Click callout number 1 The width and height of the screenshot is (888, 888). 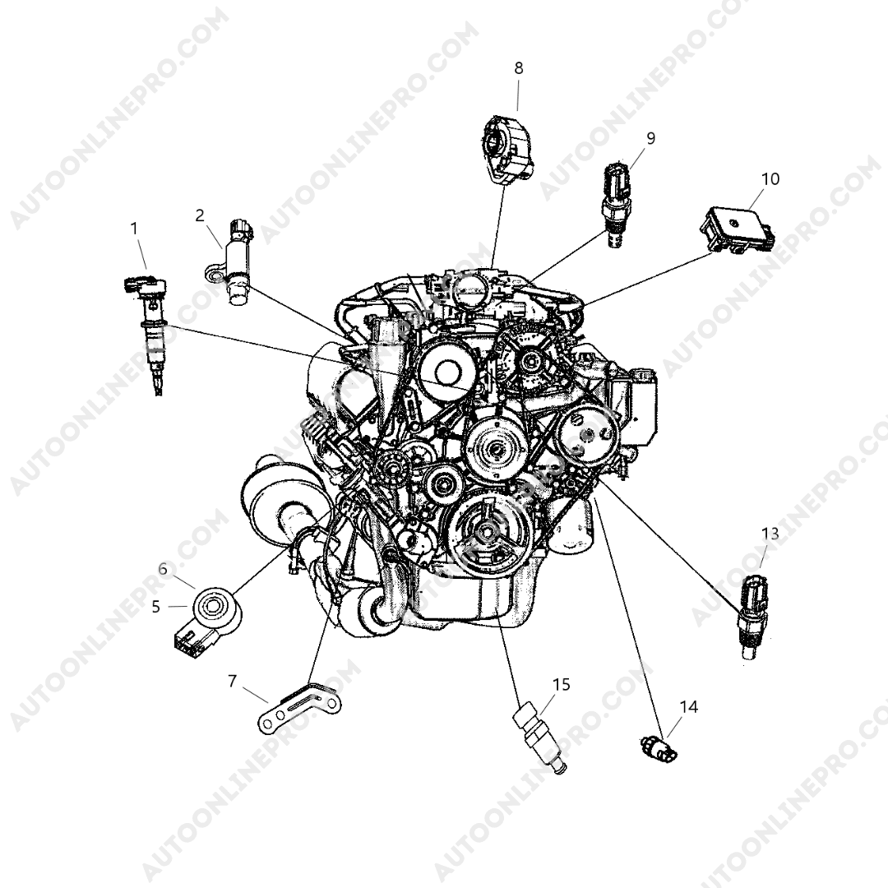pyautogui.click(x=134, y=229)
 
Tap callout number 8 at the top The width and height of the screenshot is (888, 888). pyautogui.click(x=519, y=68)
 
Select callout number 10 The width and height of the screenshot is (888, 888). pyautogui.click(x=770, y=179)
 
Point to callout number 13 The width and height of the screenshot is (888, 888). pyautogui.click(x=770, y=534)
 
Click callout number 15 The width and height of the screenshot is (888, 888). pyautogui.click(x=562, y=685)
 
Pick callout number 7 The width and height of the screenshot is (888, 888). pyautogui.click(x=232, y=681)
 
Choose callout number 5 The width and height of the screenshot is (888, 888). pyautogui.click(x=156, y=607)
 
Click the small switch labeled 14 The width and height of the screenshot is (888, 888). pyautogui.click(x=659, y=747)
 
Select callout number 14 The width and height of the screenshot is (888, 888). pyautogui.click(x=689, y=707)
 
